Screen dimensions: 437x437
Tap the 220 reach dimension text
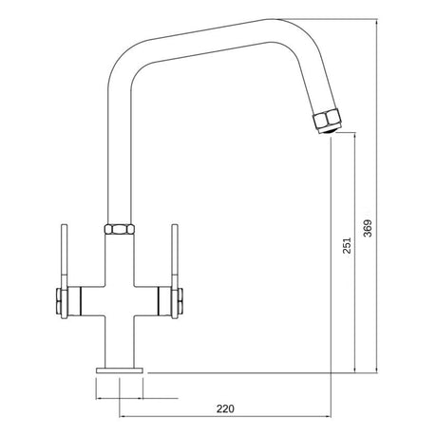[x=224, y=408]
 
